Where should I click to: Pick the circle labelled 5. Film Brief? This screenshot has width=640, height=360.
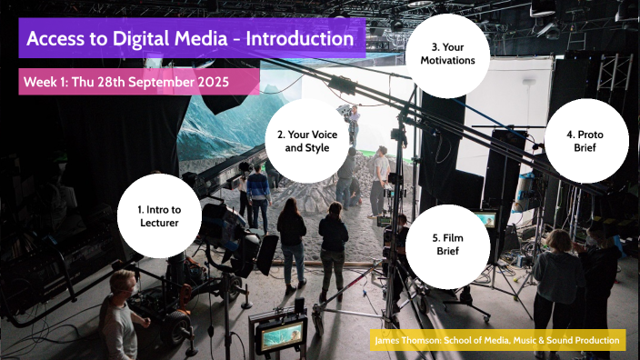(x=447, y=244)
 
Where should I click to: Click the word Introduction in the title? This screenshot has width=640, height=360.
(x=299, y=39)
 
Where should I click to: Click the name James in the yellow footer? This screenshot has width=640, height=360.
(x=390, y=341)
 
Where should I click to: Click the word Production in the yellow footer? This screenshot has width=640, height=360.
(x=601, y=341)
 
